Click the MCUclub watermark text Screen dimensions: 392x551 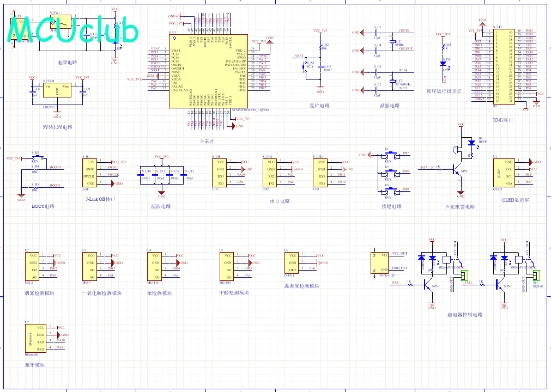coord(73,32)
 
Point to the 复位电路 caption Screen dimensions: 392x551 coord(320,106)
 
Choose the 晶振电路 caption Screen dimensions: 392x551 coord(390,106)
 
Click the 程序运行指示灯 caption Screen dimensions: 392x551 coord(444,91)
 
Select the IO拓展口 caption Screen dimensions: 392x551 coord(503,120)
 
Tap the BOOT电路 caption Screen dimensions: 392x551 coord(43,206)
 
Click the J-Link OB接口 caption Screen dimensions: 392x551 coord(101,199)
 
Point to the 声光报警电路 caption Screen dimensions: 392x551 coord(459,207)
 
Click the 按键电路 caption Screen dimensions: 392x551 coord(391,207)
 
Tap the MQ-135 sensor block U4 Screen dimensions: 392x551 coord(156,266)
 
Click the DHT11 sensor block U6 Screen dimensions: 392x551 coord(293,262)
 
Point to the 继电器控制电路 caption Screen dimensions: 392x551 coord(465,315)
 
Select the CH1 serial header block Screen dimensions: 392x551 coord(220,172)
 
